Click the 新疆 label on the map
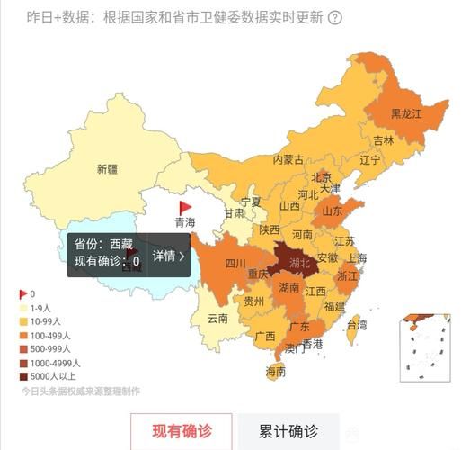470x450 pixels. tap(107, 168)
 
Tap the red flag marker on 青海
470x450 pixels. tap(185, 207)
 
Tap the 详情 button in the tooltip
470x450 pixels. tap(169, 256)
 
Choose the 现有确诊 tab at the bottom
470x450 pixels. tap(181, 432)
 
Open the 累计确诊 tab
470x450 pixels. tap(288, 432)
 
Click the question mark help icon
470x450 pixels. tap(334, 17)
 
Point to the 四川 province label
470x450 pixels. tap(235, 264)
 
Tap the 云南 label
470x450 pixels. tap(217, 318)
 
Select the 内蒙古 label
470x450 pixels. tap(288, 159)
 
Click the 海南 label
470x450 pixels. tap(275, 371)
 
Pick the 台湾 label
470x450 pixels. tap(357, 325)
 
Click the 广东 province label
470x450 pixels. tap(299, 327)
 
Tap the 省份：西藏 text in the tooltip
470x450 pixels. tap(102, 244)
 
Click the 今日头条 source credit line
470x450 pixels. tap(81, 391)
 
